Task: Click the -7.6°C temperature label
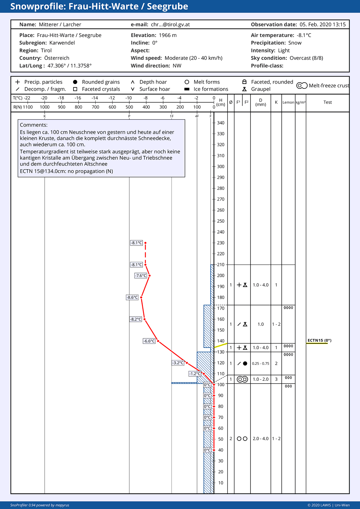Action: pos(141,276)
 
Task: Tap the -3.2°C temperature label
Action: pos(178,363)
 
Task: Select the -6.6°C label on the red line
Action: pos(149,341)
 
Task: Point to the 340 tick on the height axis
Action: pos(220,123)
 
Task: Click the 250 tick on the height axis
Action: pos(220,221)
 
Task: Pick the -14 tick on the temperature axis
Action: pos(95,98)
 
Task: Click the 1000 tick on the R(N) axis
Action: pos(45,107)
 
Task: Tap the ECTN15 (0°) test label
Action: pos(319,340)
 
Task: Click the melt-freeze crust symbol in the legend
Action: pos(302,85)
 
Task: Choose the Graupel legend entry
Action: pos(257,89)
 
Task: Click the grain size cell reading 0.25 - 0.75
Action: pos(261,363)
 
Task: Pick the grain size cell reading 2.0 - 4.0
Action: pos(261,439)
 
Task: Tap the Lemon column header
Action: pos(288,102)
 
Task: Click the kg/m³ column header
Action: pos(301,102)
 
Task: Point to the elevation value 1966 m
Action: pos(168,35)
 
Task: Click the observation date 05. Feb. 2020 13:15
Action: pos(323,24)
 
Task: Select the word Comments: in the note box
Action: pos(34,125)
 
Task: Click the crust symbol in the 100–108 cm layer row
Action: pos(242,379)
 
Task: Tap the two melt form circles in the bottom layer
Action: pos(242,439)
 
